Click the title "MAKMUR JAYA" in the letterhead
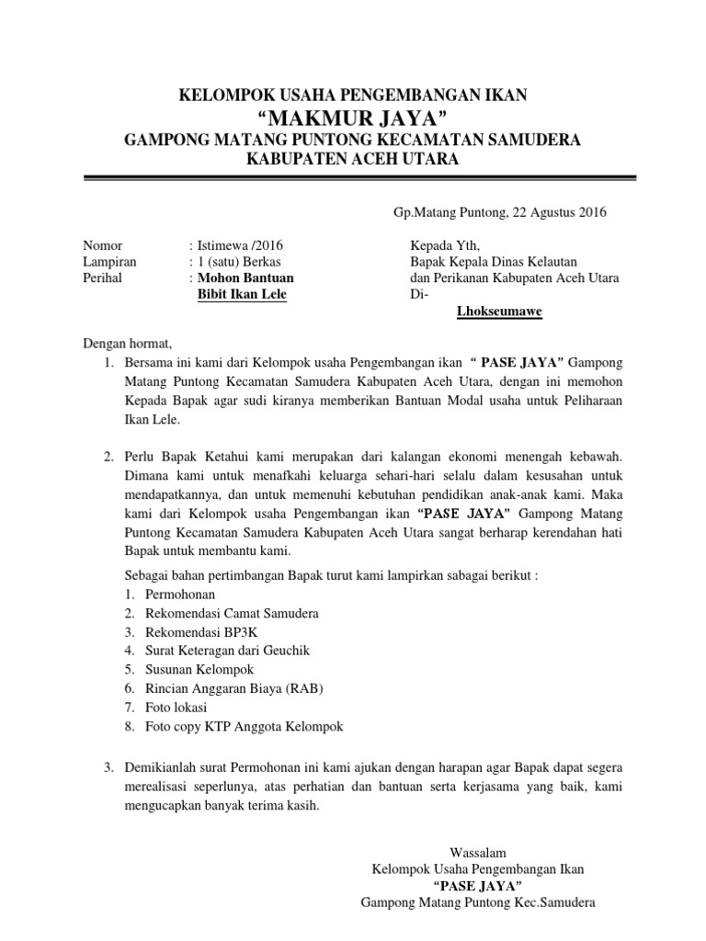353,118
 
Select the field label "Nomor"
103,245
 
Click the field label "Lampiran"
109,262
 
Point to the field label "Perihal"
104,278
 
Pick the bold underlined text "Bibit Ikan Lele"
243,294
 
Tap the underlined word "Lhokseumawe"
499,311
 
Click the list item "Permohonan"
180,595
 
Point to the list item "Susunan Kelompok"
199,669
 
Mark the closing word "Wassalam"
477,852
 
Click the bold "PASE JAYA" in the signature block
477,886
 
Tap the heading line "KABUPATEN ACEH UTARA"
353,159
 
